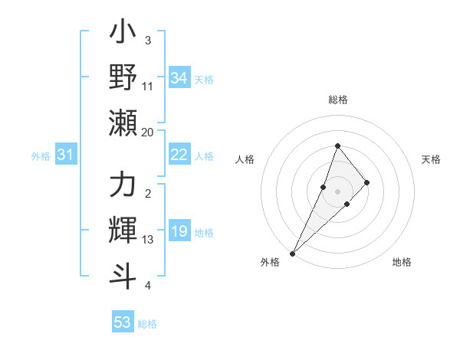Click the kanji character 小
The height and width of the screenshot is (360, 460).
[123, 35]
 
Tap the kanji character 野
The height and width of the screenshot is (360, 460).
[123, 77]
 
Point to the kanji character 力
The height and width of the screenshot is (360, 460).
[123, 187]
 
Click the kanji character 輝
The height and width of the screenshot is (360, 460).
[123, 229]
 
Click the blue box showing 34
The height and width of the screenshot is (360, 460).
[179, 77]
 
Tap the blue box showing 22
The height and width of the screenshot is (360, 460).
[179, 155]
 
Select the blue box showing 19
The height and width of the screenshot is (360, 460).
[179, 232]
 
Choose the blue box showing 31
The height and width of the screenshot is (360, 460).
[66, 155]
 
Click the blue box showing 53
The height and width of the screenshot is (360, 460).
[123, 322]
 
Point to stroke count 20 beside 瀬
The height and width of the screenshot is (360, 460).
[148, 132]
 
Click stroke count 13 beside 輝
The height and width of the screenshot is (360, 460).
[148, 240]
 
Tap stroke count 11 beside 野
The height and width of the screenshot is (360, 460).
[148, 87]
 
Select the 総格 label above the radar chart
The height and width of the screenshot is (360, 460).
[338, 100]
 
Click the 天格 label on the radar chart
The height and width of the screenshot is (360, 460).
[432, 159]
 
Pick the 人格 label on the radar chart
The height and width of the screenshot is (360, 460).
[245, 159]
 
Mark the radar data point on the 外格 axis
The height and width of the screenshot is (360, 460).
[292, 253]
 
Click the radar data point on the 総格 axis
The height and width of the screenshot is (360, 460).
[338, 146]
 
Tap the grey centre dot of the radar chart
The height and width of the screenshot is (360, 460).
[338, 191]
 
